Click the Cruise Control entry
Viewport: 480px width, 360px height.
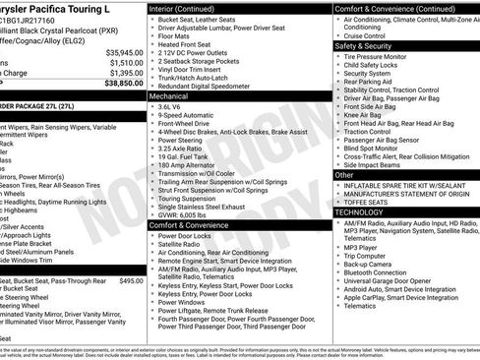point(372,34)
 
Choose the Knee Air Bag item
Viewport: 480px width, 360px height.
point(367,115)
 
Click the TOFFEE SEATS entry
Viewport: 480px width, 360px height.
point(373,201)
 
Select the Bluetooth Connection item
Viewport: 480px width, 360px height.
point(385,271)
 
